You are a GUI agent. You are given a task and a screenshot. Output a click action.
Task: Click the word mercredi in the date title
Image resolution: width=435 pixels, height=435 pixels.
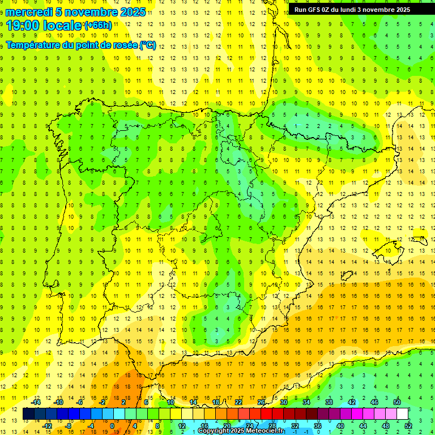pos(29,12)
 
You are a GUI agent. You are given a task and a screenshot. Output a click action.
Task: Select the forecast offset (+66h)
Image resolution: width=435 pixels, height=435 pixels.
pos(97,25)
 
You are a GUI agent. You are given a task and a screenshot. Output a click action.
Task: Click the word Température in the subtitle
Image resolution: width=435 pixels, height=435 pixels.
pos(33,45)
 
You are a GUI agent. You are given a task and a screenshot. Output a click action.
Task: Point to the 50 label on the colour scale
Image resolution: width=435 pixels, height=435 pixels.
pos(397,402)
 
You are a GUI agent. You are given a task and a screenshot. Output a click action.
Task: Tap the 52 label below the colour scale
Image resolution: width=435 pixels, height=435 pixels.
pos(408,425)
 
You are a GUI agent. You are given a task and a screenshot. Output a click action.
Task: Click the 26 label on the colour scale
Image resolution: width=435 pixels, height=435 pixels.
pos(261,402)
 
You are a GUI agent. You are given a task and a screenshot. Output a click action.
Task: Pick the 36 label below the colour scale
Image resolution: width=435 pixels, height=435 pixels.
pos(318,425)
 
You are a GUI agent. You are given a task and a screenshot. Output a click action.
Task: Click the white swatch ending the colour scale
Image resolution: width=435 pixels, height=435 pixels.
pos(403,413)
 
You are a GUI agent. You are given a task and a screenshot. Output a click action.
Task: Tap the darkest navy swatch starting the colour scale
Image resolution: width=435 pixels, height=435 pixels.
pos(28,413)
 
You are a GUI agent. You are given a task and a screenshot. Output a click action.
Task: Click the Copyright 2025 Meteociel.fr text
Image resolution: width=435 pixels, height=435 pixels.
pos(241,431)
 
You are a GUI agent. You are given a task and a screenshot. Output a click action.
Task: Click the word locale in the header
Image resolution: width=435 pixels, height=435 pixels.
pos(62,25)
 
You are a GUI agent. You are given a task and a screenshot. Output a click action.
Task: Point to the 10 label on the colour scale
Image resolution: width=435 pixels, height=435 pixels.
pos(170,402)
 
